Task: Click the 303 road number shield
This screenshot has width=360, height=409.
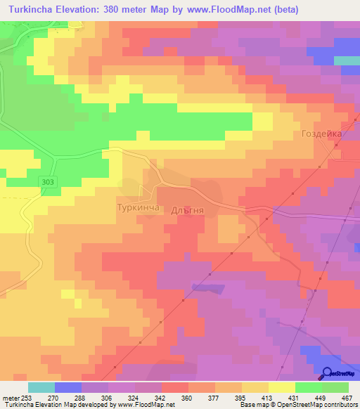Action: [47, 182]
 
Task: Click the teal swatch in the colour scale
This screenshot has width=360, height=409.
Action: [41, 387]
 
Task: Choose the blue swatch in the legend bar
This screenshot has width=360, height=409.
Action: [68, 387]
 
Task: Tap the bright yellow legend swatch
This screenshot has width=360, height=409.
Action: [281, 387]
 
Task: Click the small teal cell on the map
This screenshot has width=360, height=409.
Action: [346, 60]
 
